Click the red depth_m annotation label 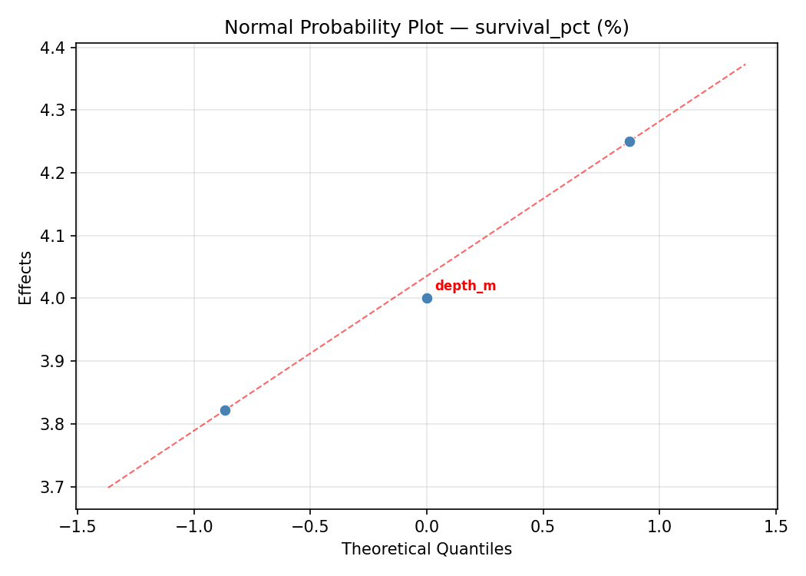pos(465,286)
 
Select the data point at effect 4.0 pos(427,298)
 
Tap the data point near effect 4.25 pos(629,141)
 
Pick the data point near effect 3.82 pos(225,410)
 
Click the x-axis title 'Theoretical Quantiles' pos(426,549)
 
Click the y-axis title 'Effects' pos(26,277)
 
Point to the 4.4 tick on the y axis pos(54,48)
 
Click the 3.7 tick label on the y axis pos(54,487)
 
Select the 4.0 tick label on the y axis pos(54,298)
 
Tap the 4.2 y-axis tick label pos(54,173)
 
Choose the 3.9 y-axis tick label pos(54,361)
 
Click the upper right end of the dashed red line pos(745,64)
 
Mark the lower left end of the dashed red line pos(108,487)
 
